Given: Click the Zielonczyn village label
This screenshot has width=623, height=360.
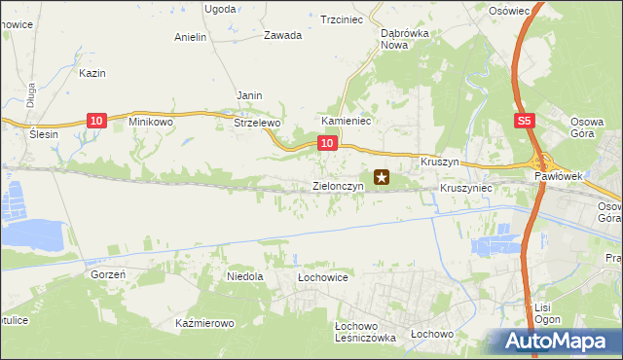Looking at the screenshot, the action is pos(338,185).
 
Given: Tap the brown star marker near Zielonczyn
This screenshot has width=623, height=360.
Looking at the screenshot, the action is pos(382,177).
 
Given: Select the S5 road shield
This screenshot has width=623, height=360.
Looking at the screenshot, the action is pos(524,121).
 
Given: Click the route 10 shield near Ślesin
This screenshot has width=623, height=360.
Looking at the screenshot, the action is pos(95,121).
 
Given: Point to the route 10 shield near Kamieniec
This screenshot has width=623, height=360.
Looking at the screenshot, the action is pos(327,143).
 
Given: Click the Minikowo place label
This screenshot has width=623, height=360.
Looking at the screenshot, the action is pos(151,123).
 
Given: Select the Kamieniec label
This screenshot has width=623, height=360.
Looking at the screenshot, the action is pos(343,122).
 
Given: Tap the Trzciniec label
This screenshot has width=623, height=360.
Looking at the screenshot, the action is pos(342,18).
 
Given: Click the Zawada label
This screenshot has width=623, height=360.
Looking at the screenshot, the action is pos(282,35).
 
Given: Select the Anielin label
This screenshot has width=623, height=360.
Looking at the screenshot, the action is pos(191,38).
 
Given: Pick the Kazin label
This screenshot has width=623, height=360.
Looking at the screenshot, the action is pos(92,73).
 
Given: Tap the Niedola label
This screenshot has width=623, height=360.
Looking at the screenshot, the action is pos(245,276).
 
